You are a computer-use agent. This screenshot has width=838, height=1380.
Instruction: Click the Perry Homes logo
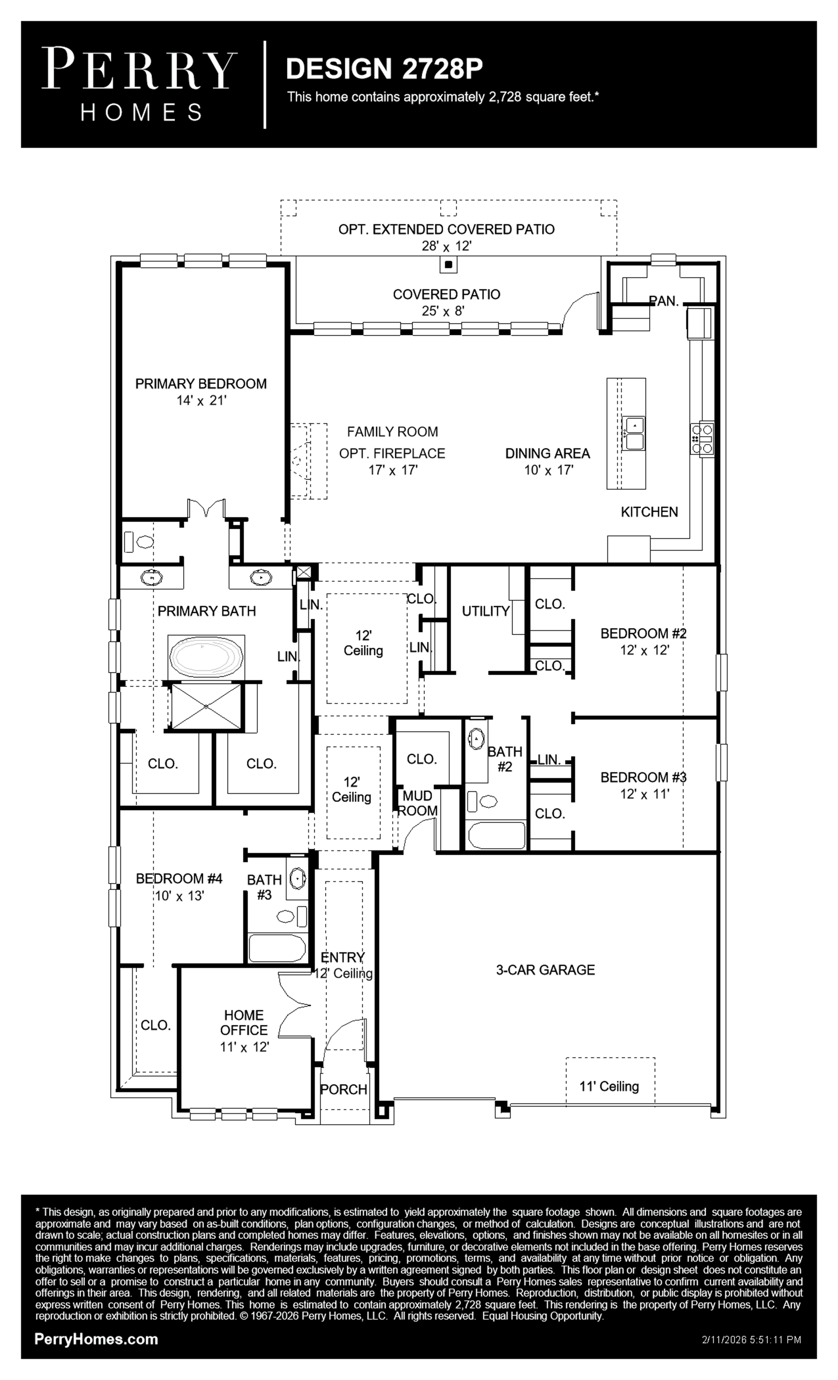click(139, 84)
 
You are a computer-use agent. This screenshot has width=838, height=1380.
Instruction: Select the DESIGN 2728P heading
click(384, 69)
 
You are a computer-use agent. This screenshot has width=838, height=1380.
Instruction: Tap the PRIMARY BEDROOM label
click(200, 384)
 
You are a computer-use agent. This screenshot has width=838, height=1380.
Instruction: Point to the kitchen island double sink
click(634, 433)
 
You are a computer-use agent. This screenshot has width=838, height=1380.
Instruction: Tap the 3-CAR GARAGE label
click(545, 970)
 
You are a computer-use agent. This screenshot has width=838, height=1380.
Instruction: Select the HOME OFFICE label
click(244, 1022)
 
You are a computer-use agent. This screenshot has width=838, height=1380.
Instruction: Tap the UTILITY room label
click(486, 611)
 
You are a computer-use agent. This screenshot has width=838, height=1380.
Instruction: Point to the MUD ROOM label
click(418, 803)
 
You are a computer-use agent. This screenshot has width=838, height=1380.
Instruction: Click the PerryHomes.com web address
click(96, 1339)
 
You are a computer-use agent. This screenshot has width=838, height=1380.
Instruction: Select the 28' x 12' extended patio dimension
click(447, 246)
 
